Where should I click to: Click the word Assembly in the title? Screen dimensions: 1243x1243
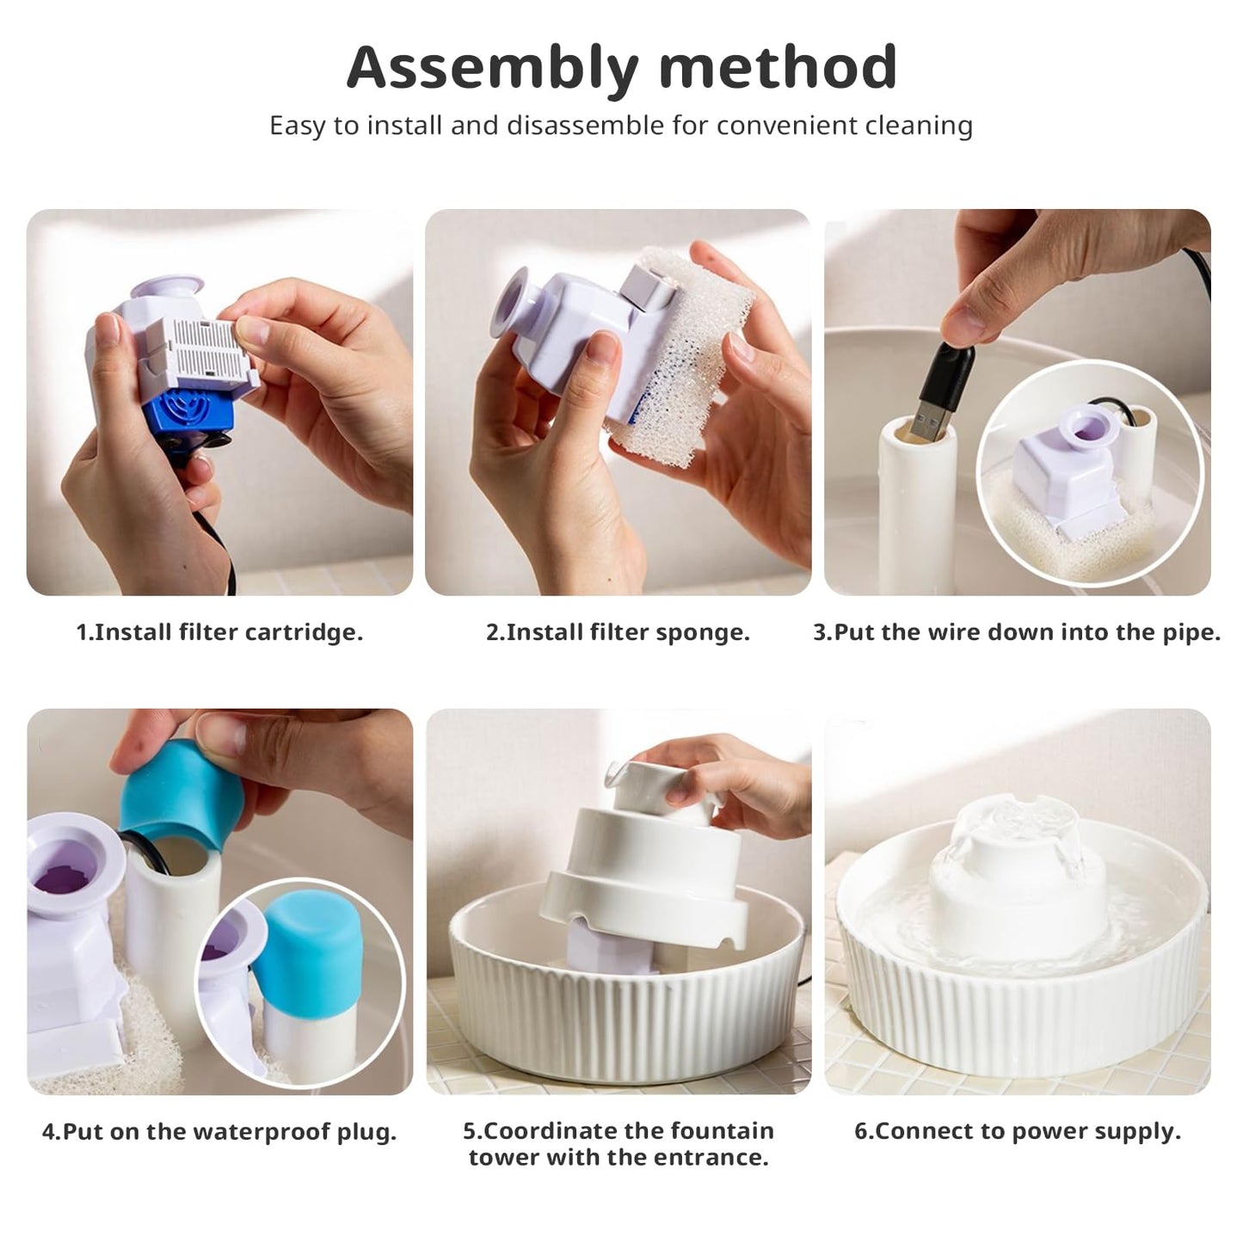[x=493, y=68]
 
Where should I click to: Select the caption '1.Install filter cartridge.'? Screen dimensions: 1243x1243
[x=220, y=632]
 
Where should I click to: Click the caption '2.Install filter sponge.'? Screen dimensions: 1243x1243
[x=618, y=632]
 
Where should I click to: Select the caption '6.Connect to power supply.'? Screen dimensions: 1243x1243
[x=1018, y=1132]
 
